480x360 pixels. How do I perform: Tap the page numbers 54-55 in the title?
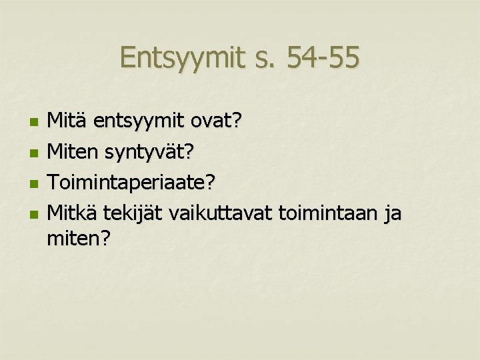pyautogui.click(x=323, y=59)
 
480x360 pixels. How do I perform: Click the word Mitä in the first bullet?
pyautogui.click(x=69, y=122)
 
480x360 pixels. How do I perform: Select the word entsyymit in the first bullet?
pyautogui.click(x=139, y=122)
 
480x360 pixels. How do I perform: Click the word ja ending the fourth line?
pyautogui.click(x=393, y=214)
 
